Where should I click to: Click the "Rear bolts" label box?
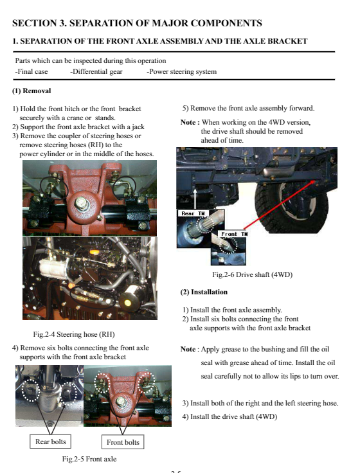[x=50, y=442]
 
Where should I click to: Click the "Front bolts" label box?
[x=123, y=442]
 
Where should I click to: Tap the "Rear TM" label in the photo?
[x=193, y=213]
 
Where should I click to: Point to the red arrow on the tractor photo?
[x=279, y=204]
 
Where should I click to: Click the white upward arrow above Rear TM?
[x=195, y=199]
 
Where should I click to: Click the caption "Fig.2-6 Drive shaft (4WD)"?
[x=252, y=274]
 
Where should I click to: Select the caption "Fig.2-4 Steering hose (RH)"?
[x=74, y=334]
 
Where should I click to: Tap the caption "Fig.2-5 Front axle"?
[x=89, y=459]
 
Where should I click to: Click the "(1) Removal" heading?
[x=32, y=91]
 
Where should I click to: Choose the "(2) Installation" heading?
[x=204, y=292]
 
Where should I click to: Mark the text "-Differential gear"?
[x=96, y=72]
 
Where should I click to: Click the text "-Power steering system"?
[x=182, y=72]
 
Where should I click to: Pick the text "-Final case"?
[x=32, y=72]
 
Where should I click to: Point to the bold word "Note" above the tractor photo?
[x=188, y=122]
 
